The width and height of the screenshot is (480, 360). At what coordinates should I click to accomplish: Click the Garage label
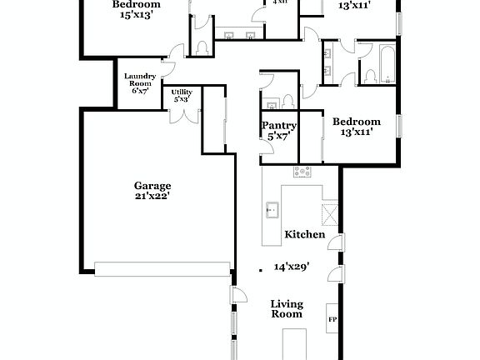(152, 186)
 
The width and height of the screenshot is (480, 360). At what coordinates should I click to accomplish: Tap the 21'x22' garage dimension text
(152, 197)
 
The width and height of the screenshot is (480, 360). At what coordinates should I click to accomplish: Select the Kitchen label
(304, 235)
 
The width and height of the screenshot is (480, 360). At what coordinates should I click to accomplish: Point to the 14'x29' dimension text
(292, 267)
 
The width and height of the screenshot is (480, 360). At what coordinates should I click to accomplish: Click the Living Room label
(286, 308)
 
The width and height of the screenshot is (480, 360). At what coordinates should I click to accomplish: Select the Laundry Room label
(139, 80)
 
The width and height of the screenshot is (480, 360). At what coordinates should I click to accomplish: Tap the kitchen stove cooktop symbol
(302, 172)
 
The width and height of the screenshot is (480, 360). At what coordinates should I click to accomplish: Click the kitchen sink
(272, 208)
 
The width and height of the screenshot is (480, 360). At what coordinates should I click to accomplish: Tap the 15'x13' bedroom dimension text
(137, 14)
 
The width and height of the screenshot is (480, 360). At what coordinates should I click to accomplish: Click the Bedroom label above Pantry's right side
(356, 122)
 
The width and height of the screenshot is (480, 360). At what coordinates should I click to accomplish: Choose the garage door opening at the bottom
(162, 268)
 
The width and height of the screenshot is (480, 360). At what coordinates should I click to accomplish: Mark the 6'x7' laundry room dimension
(139, 90)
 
